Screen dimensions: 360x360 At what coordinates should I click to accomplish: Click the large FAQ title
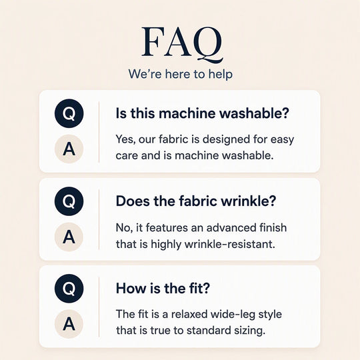[182, 44]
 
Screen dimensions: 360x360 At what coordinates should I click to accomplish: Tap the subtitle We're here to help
[181, 74]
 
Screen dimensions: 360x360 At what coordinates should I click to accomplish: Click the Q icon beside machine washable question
[69, 113]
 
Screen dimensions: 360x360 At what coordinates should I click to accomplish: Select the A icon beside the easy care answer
[69, 149]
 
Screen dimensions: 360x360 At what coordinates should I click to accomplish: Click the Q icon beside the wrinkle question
[69, 201]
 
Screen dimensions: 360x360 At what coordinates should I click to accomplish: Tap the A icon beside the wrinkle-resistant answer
[69, 237]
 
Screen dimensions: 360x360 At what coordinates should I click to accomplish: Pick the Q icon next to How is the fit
[69, 289]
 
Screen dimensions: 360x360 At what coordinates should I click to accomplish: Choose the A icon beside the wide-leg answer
[69, 324]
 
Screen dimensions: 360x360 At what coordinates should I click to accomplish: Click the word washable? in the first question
[254, 113]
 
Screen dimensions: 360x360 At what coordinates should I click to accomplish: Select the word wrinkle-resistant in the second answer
[230, 244]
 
